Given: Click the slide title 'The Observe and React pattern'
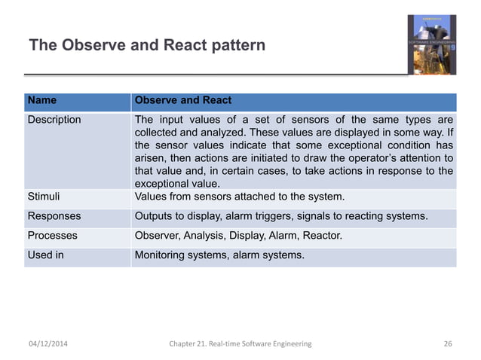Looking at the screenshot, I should click(x=147, y=45).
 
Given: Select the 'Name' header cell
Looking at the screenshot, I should click(x=41, y=100).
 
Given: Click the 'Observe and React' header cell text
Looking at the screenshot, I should click(x=182, y=100).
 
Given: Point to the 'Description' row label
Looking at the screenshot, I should click(x=54, y=119).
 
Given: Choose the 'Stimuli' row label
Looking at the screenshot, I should click(x=44, y=197).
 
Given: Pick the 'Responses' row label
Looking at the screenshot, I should click(x=54, y=216).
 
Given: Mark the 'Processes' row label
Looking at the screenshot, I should click(x=53, y=236).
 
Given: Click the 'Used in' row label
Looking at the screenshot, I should click(x=46, y=255).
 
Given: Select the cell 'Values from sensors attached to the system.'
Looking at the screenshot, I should click(x=239, y=197).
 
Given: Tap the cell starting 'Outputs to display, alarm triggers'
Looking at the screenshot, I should click(x=280, y=216).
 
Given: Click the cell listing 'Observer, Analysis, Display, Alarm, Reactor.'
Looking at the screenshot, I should click(x=237, y=236).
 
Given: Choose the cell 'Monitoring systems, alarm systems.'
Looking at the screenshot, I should click(x=219, y=255).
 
